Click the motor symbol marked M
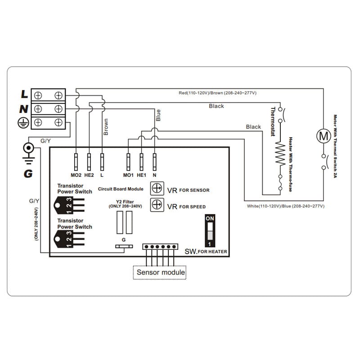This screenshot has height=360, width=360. pos(323,135)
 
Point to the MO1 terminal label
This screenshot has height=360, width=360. pos(129,175)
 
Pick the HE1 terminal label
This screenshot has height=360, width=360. pos(142,175)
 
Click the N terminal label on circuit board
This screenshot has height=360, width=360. pos(154,175)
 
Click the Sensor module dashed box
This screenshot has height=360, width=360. pos(160,272)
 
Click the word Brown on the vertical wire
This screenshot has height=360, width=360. pos(106,127)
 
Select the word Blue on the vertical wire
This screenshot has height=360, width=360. pos(158,116)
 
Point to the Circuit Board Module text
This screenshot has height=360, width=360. pos(121,189)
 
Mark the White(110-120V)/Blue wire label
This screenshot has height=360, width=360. pos(285,206)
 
